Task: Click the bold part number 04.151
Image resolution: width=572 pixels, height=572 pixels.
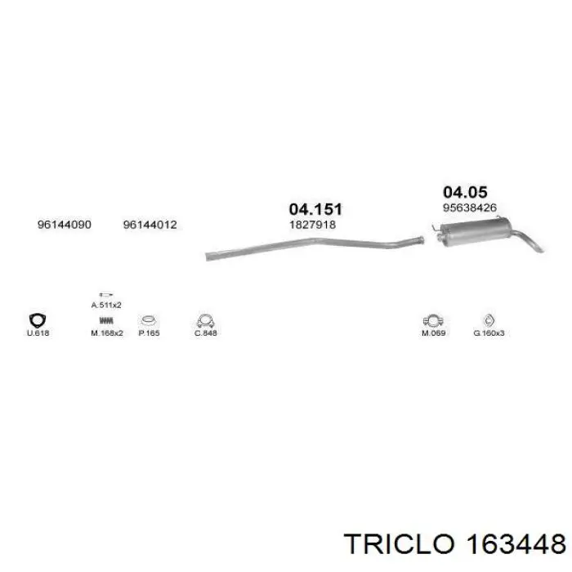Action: coord(315,209)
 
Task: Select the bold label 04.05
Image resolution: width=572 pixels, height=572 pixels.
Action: coord(465,192)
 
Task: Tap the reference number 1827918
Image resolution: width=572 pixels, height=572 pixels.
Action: coord(313,225)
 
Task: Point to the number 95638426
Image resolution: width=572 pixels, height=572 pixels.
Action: coord(470,208)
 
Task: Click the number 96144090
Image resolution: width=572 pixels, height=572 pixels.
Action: coord(65,225)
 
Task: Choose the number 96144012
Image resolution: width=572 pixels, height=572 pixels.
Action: coord(150,225)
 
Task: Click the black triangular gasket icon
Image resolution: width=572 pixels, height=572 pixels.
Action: coord(38,320)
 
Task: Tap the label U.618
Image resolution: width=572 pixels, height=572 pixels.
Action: coord(38,333)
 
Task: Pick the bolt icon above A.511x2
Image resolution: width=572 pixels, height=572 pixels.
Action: coord(105,294)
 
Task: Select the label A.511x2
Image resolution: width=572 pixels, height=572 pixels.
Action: coord(106,305)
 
